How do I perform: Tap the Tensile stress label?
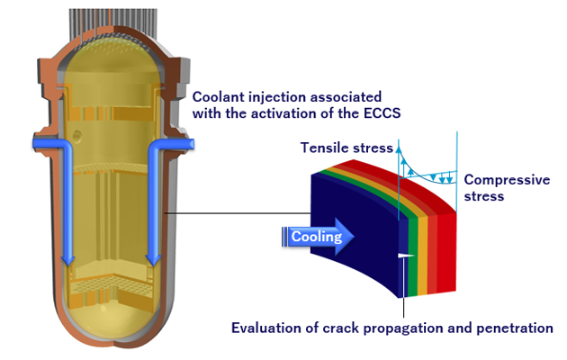click(347, 148)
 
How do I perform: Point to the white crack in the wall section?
click(404, 257)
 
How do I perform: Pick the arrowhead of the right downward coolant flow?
click(154, 259)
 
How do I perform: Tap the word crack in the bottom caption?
click(347, 328)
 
